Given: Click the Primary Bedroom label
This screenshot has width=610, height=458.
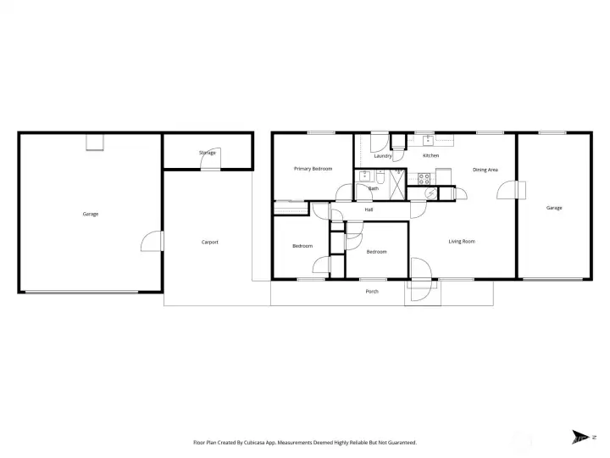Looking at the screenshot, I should [313, 169].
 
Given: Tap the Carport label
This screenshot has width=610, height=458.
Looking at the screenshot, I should [209, 242].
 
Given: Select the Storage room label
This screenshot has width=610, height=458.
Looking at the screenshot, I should [207, 153].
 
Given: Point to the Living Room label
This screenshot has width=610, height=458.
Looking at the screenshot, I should [462, 242].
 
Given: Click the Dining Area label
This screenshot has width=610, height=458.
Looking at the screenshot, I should [485, 170].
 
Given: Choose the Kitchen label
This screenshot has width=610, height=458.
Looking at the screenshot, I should [430, 156].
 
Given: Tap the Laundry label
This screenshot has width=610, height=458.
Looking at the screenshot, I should [382, 156].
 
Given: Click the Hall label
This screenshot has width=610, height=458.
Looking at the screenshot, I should [369, 209].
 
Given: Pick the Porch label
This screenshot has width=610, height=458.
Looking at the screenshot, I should [372, 292].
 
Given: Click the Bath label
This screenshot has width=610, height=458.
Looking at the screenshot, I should [374, 188].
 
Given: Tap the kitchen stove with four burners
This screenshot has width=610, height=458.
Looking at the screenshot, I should [423, 178].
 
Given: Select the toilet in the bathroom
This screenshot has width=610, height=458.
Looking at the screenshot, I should [383, 178].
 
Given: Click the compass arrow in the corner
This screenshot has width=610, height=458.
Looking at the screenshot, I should [580, 438].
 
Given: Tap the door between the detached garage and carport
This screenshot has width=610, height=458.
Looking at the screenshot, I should [149, 242].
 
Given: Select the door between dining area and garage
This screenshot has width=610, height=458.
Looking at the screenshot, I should [506, 188].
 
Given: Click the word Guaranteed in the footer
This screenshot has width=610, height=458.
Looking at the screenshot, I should [397, 443].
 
